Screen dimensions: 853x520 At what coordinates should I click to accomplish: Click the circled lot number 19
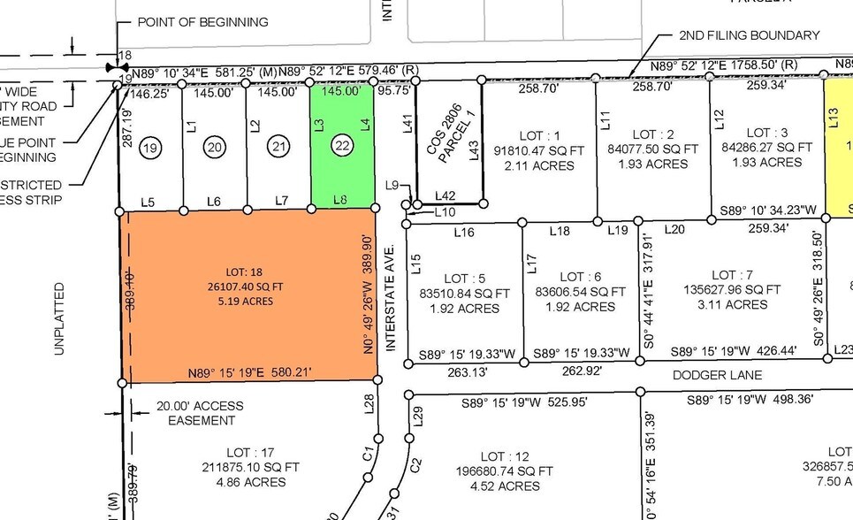(x=151, y=147)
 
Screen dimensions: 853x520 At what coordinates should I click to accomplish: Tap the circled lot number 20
(x=215, y=147)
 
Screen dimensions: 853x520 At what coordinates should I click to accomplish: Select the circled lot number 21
(x=278, y=147)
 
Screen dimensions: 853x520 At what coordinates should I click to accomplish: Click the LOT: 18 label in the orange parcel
(x=248, y=270)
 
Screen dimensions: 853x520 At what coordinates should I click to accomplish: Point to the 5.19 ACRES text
(x=248, y=301)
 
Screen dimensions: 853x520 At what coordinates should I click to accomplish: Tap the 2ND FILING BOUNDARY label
(x=749, y=35)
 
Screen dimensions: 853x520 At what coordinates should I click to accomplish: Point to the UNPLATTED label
(x=59, y=318)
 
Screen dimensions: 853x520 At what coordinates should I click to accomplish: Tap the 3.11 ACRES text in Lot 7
(x=732, y=305)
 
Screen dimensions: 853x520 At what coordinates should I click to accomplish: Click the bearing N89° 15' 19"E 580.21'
(x=249, y=372)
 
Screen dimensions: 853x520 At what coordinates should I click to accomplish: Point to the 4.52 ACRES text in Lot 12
(x=505, y=486)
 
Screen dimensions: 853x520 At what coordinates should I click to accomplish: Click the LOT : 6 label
(x=580, y=277)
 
